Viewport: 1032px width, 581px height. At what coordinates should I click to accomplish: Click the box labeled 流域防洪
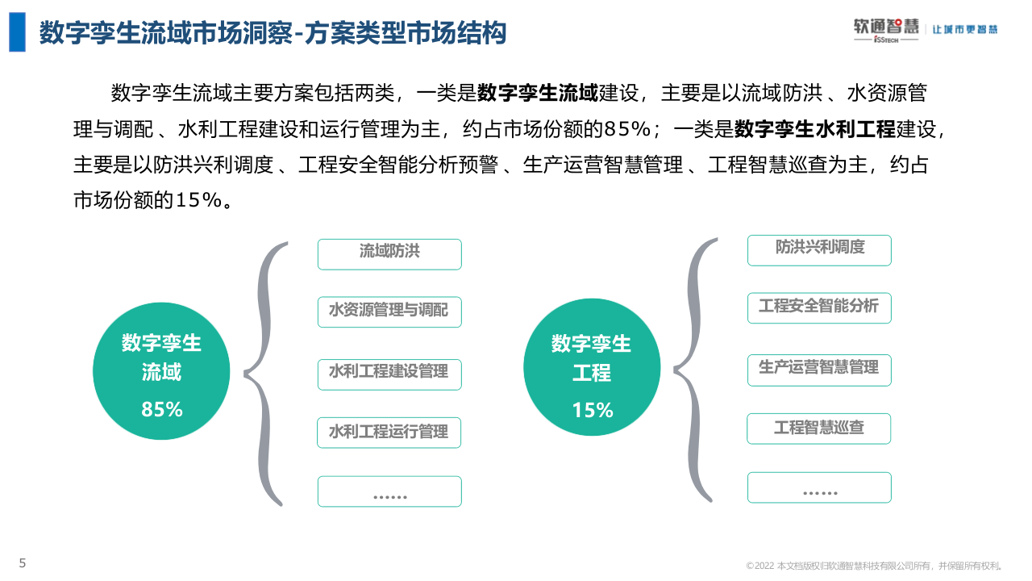point(389,253)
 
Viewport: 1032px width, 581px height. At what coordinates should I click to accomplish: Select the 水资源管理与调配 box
point(389,311)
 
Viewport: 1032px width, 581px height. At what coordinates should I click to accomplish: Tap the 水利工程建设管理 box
point(389,374)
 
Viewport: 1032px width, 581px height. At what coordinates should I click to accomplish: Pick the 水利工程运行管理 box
point(389,433)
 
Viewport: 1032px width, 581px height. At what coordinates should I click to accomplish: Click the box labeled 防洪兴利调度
point(819,249)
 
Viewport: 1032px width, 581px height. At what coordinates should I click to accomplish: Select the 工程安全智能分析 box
point(819,307)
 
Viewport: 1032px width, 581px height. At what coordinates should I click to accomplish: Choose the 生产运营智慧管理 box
point(819,369)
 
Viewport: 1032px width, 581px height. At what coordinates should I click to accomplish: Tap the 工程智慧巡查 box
point(819,428)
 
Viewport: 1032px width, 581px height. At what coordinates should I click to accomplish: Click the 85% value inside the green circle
point(162,410)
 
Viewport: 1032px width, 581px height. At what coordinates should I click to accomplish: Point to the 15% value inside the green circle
point(593,411)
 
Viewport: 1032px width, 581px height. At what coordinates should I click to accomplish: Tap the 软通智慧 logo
point(886,29)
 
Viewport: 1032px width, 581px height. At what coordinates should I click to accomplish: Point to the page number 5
point(23,563)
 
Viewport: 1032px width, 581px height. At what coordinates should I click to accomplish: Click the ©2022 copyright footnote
point(875,566)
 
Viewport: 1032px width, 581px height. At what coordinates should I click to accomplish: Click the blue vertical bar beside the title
point(17,33)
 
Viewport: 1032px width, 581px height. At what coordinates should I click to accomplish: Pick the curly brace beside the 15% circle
point(695,370)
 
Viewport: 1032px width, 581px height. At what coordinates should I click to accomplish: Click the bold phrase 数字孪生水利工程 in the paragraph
point(815,129)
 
